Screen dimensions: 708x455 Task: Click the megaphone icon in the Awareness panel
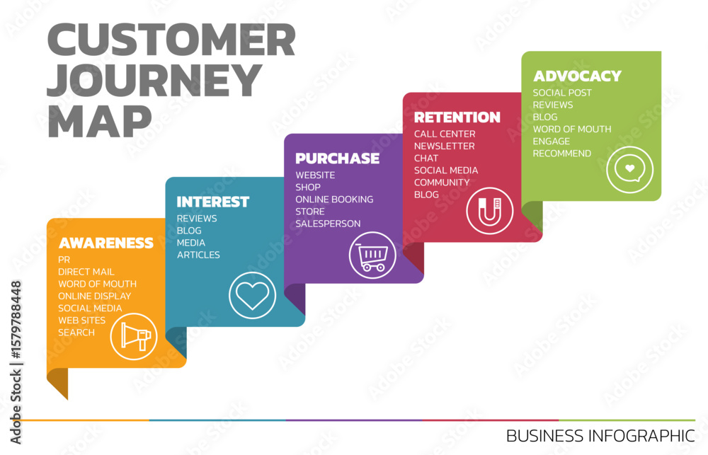134,336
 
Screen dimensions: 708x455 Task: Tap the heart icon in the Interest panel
253,296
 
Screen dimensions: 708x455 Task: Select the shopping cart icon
372,255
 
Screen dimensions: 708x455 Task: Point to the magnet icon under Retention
490,211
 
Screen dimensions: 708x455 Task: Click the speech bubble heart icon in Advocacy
630,170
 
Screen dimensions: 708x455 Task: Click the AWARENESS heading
106,243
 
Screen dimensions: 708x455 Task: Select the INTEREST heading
212,202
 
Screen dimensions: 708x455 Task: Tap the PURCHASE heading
337,159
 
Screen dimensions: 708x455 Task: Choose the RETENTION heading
457,117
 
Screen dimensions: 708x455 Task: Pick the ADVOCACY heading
578,76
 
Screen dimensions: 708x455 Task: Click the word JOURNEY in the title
154,80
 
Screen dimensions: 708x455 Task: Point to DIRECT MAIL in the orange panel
86,272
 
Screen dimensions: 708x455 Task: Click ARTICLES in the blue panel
198,255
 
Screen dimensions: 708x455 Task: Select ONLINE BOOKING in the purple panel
334,200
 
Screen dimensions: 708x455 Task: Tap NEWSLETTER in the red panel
445,146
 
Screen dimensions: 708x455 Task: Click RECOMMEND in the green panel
561,154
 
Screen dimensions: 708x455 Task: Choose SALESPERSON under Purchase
328,224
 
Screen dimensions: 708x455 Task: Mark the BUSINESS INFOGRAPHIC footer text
600,436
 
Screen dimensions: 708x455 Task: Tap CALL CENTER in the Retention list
445,134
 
